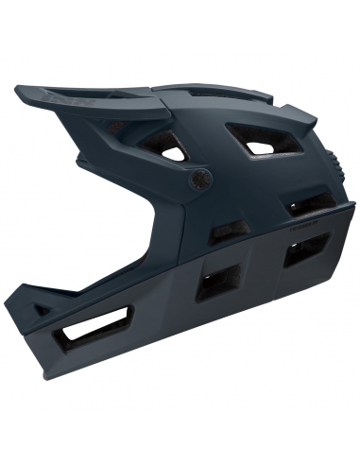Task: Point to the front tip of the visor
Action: pyautogui.click(x=18, y=91)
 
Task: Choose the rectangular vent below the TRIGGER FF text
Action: pyautogui.click(x=305, y=250)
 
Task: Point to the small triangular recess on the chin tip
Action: pyautogui.click(x=39, y=308)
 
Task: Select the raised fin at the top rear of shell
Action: pyautogui.click(x=300, y=118)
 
